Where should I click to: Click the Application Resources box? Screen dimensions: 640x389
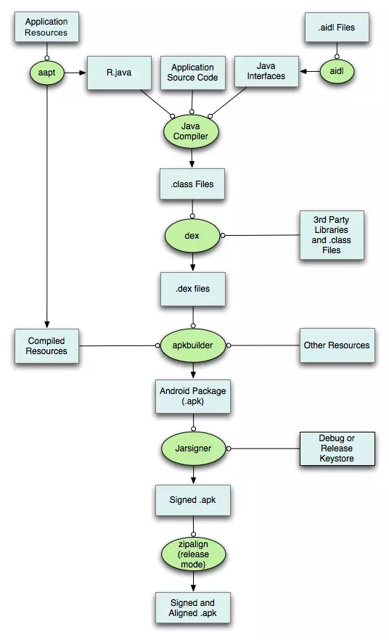(46, 28)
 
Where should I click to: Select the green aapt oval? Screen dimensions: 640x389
(46, 72)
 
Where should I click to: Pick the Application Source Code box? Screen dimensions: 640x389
(192, 73)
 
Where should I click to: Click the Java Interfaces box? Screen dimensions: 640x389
(266, 72)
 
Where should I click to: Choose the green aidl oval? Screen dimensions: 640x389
(337, 72)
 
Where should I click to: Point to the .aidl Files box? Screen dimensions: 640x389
(337, 28)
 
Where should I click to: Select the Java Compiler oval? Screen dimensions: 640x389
(192, 131)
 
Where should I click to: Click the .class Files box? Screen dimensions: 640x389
(192, 184)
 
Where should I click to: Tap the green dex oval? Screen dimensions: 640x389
(192, 236)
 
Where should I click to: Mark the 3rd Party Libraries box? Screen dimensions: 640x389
(332, 236)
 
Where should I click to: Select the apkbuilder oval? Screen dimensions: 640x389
(192, 345)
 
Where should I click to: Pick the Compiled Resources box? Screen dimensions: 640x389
(47, 345)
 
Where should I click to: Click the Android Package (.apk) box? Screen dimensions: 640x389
(192, 395)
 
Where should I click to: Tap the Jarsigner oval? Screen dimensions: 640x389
(192, 448)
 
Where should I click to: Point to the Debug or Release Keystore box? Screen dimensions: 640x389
(337, 448)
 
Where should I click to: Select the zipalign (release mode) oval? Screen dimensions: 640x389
(192, 553)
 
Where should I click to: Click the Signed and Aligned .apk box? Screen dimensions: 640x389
(192, 608)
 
